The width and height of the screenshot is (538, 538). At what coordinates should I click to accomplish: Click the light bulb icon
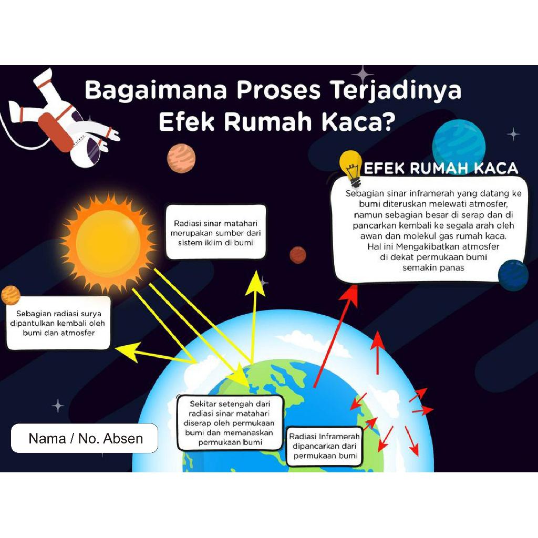[350, 165]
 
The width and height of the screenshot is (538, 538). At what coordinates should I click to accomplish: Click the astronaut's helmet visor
[93, 149]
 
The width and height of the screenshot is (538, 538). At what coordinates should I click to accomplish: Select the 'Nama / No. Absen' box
[85, 439]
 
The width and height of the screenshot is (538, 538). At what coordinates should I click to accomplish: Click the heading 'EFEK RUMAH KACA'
[441, 169]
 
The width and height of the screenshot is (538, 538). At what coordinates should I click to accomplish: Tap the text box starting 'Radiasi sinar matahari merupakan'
[216, 232]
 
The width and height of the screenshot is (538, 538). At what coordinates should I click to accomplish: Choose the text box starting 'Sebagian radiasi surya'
[58, 323]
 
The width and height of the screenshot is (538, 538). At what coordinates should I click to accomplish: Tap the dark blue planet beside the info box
[513, 275]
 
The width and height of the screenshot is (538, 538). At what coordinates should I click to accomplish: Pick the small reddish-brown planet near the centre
[298, 255]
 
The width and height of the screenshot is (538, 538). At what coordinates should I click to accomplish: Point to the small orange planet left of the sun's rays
[10, 295]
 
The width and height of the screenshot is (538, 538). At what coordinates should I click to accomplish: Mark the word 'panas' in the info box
[452, 267]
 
